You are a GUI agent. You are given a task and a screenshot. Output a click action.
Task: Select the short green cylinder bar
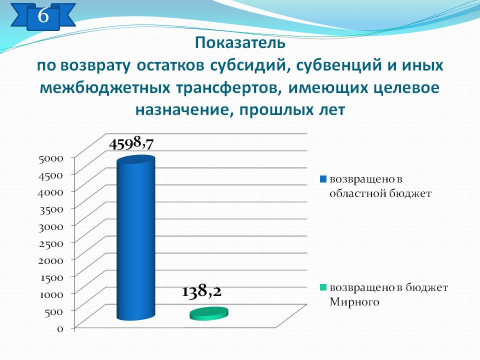point(209,314)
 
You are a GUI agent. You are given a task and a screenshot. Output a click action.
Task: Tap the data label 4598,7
point(131,143)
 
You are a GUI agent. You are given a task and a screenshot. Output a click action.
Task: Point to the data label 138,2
point(201,291)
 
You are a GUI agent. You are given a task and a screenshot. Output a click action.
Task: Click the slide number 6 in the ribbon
point(43,15)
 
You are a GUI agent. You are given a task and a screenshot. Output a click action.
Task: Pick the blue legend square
point(323,179)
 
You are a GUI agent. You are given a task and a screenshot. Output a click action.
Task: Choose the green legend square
point(323,287)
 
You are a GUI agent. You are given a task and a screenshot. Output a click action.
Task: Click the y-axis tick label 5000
point(51,158)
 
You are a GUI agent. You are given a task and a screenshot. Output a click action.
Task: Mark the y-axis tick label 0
point(60,329)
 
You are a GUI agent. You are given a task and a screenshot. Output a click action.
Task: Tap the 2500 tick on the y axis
point(51,243)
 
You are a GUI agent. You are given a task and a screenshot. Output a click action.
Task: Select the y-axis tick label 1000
point(51,294)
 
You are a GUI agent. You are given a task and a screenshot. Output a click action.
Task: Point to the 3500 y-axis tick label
point(51,209)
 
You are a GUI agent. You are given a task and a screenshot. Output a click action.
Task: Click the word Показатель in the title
point(240,43)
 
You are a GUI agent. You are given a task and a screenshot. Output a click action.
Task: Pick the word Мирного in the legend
point(354,302)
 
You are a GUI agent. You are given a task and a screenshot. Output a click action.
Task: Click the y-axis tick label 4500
point(51,175)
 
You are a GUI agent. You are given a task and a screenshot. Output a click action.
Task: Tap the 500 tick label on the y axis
point(54,311)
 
